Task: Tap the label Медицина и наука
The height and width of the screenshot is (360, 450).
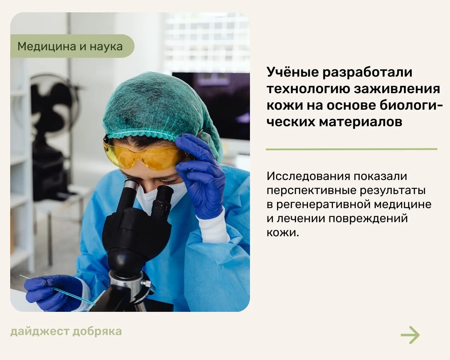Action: click(x=70, y=46)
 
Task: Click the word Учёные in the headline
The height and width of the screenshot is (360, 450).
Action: click(x=293, y=72)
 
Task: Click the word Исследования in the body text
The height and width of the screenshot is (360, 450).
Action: click(x=308, y=176)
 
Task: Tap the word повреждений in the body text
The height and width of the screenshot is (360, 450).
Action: click(x=368, y=219)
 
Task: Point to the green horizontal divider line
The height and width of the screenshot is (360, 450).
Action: click(x=352, y=149)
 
